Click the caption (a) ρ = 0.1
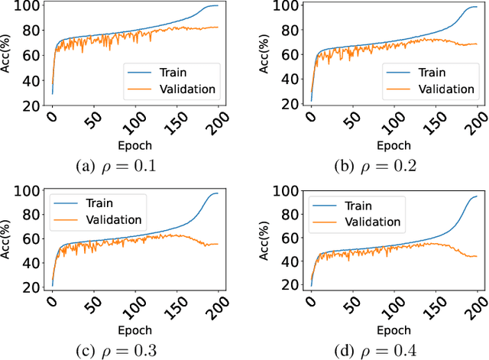coord(117,166)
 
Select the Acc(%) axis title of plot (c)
coord(8,240)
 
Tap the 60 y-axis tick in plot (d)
coord(280,233)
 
